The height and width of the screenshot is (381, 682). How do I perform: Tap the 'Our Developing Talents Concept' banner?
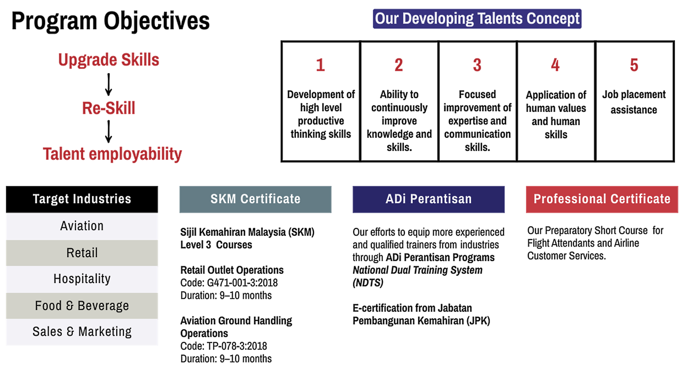coord(477,19)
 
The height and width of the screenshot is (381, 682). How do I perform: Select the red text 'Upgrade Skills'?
coord(109,60)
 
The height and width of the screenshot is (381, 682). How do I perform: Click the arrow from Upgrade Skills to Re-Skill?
coord(108,85)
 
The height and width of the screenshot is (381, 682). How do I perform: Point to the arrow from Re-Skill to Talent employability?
coord(108,131)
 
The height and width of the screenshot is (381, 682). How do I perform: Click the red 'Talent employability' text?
coord(112,154)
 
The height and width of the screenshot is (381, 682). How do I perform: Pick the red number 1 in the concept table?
coord(320,65)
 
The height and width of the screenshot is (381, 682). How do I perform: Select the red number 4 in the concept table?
coord(555,65)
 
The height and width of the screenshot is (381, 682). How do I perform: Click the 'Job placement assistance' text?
coord(634,102)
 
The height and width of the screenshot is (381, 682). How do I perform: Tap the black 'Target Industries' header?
coord(82,199)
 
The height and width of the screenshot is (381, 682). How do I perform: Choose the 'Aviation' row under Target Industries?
coord(82,226)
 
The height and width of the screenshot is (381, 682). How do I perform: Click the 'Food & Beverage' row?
coord(82,305)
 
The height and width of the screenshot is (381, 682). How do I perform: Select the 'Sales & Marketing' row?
coord(82,332)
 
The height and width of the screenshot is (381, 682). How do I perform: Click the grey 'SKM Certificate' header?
coord(256,199)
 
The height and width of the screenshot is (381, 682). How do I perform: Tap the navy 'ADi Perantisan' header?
coord(429,199)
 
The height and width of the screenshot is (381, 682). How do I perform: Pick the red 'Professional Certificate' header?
coord(602,199)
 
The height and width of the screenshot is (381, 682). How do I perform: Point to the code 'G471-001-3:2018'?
coord(242,283)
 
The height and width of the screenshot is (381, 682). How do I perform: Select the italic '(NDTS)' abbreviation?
coord(368,283)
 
